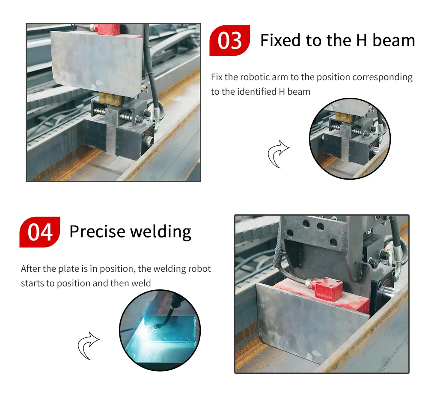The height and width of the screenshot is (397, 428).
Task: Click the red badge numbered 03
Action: tap(229, 40)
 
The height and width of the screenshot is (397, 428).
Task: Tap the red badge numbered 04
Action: tap(40, 232)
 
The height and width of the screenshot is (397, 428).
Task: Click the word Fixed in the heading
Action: tap(281, 40)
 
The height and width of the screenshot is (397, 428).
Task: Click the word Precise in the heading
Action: tap(97, 232)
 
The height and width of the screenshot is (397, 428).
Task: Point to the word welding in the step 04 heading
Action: tap(160, 232)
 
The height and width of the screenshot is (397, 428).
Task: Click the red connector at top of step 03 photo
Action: tap(109, 29)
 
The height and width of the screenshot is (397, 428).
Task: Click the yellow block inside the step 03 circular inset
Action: tap(344, 116)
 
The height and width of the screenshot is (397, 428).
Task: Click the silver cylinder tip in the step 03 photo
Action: tap(149, 141)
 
